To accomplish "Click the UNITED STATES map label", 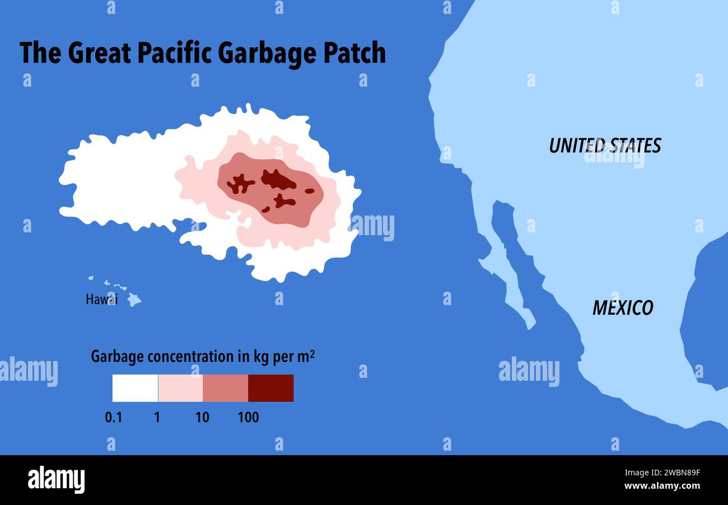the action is (605, 146).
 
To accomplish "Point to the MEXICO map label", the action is (623, 308).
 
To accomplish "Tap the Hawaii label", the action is (101, 300).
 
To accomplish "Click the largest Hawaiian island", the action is (133, 300).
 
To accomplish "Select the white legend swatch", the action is (135, 388).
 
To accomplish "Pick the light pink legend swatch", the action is (180, 388).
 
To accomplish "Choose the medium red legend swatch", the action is (226, 388).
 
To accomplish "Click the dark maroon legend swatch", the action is (271, 388).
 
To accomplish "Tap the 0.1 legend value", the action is (113, 417).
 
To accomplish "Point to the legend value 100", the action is (248, 417).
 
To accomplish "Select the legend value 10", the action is (202, 417).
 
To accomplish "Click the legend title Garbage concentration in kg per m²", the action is (203, 357).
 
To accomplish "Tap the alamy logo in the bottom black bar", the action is (56, 480).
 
